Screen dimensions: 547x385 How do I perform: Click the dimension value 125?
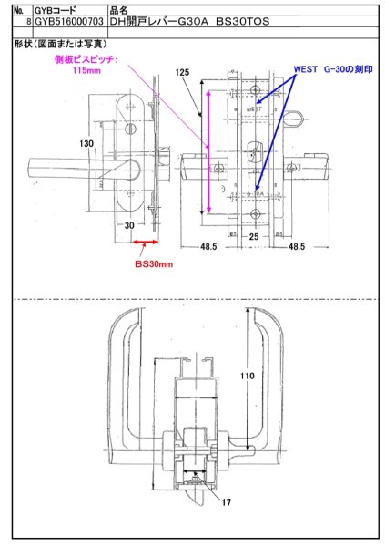coord(183,72)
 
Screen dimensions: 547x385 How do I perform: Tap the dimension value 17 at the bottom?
coord(227,500)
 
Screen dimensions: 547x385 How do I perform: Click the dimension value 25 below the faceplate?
coord(256,236)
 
